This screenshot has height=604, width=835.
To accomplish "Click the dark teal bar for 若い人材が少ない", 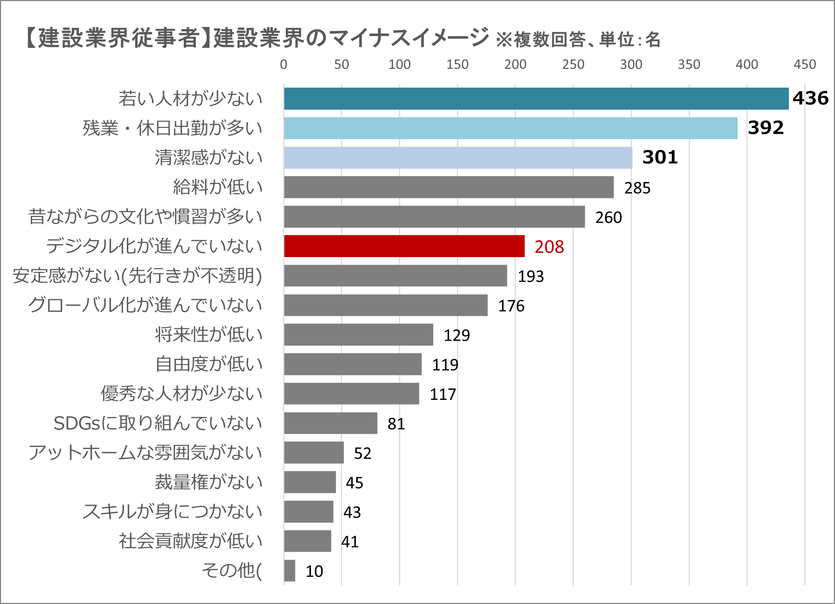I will pos(536,99).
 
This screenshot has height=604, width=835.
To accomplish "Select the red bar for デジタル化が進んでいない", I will pos(404,246).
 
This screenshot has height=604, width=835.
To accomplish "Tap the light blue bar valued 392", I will pos(510,128).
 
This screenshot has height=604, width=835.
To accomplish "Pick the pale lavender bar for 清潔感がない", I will pos(458,158).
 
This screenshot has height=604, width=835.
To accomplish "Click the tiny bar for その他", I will pos(289,570).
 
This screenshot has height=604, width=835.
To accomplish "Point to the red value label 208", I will pos(549,247).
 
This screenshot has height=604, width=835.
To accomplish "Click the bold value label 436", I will pos(810,98).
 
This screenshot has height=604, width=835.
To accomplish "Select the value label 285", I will pos(637,188).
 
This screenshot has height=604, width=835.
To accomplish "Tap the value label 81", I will pos(396,424).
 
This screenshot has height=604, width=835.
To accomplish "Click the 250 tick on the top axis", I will pos(573,65).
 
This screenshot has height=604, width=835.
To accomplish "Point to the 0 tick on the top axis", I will pos(284,65).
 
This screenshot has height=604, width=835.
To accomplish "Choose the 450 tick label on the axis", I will pos(804,65).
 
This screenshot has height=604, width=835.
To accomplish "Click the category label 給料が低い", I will pos(218,187).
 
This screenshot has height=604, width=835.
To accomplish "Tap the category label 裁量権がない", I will pos(208,482).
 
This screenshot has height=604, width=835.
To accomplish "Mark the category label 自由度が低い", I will pos(208,364).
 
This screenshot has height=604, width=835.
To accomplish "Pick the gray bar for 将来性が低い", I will pos(358,334).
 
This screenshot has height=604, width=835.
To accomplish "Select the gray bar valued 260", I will pos(434,217).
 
